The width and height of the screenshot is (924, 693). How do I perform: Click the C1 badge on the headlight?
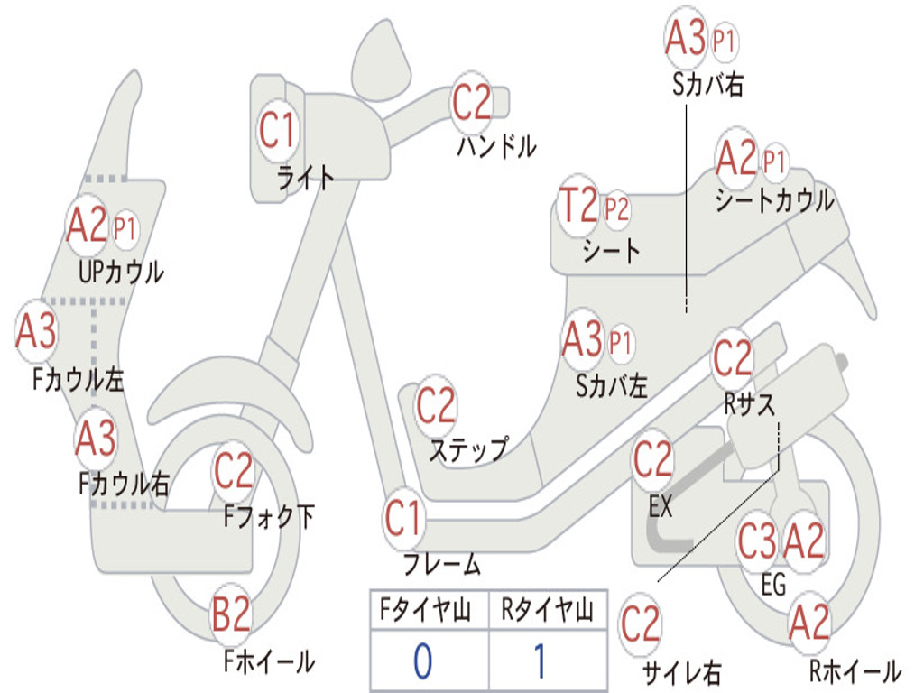pos(277,130)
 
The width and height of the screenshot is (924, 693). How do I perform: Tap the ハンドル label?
pos(496,145)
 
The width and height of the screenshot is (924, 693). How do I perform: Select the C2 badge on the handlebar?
pos(472,102)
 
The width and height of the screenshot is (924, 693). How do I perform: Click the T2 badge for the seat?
pos(577,207)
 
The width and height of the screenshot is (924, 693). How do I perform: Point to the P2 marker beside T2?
pos(617,210)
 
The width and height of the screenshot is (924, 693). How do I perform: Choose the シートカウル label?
pos(774,201)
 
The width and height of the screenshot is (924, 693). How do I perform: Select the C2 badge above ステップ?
pos(436,406)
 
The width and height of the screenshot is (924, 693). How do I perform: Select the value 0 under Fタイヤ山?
pos(422,661)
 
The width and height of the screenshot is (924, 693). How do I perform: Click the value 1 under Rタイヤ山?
pos(540,661)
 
